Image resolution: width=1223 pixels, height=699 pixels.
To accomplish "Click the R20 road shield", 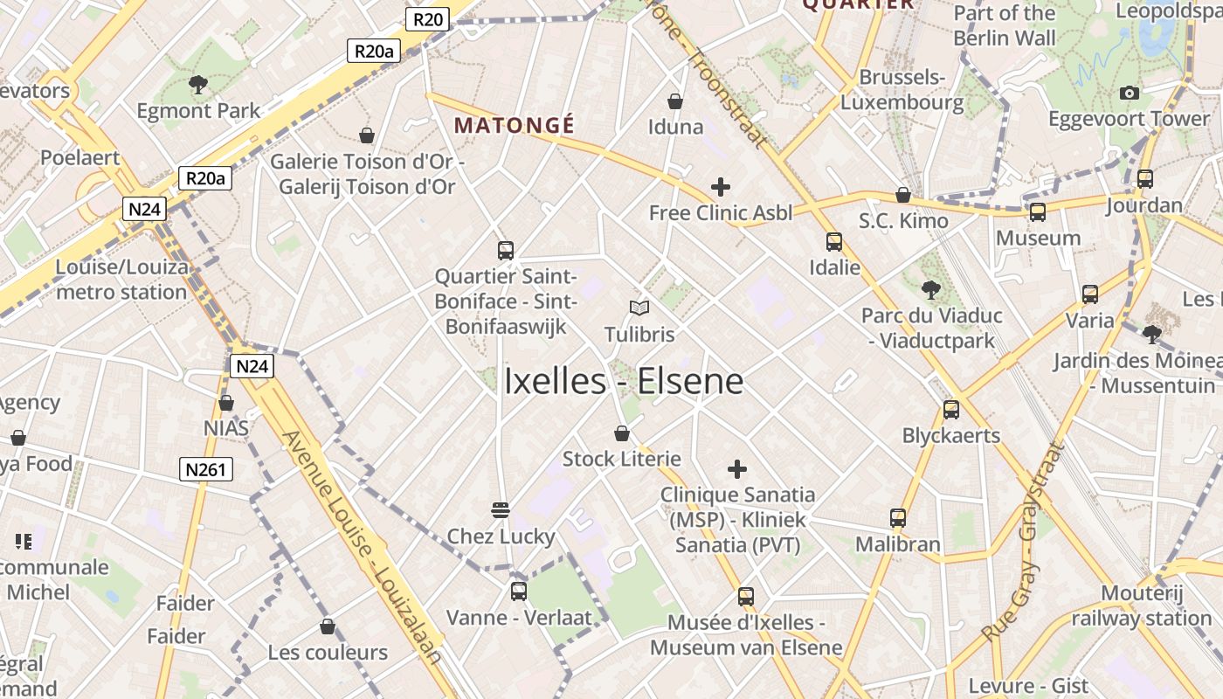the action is coord(427,19).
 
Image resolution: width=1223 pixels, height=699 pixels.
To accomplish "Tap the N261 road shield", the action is coord(206,469).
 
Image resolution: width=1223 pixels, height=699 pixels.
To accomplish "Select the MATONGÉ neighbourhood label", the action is coord(515,125).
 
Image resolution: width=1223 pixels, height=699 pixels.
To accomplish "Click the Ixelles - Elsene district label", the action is coord(624,381).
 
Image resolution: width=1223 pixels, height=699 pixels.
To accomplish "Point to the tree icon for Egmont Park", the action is coord(198,85).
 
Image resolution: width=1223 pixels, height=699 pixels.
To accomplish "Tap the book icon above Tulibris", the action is coord(639,308).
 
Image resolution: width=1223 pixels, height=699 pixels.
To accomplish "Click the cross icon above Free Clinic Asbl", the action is coord(721,186).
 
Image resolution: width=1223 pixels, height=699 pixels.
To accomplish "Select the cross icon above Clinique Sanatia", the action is coord(737,469).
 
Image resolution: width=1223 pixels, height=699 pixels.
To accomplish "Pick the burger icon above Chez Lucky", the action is coord(501,509).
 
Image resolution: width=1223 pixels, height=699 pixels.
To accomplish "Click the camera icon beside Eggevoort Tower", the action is coord(1130,93).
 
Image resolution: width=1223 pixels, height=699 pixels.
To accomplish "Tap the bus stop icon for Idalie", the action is coord(834,242).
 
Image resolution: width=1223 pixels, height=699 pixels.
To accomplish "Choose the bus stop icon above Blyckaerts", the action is coord(951,409).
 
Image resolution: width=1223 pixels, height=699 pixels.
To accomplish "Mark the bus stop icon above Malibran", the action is coord(898,518).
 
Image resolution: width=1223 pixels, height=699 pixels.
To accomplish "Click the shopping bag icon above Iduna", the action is coord(675,101).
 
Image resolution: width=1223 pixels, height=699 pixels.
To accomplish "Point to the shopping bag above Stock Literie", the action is coord(622,433).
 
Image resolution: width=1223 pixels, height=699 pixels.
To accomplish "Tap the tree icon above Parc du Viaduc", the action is coord(931,289).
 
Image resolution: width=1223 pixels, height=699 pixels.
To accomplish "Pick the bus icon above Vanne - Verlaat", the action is coord(519,592).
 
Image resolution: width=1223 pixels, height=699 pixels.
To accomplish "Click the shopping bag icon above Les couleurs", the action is coord(328,626).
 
